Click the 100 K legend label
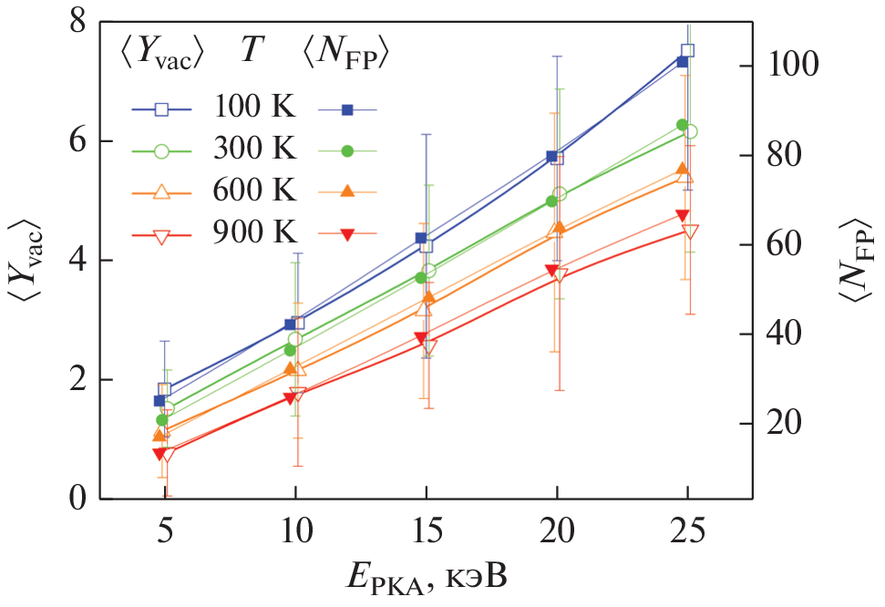pos(256,107)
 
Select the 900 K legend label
pos(256,235)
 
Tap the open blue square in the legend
pos(162,109)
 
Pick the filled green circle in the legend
pos(347,151)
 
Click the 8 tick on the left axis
pos(77,22)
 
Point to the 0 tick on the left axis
pos(77,499)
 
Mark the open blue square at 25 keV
pos(688,51)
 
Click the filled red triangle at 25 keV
pos(682,216)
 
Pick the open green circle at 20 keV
pos(560,194)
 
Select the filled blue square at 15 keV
pos(421,238)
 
